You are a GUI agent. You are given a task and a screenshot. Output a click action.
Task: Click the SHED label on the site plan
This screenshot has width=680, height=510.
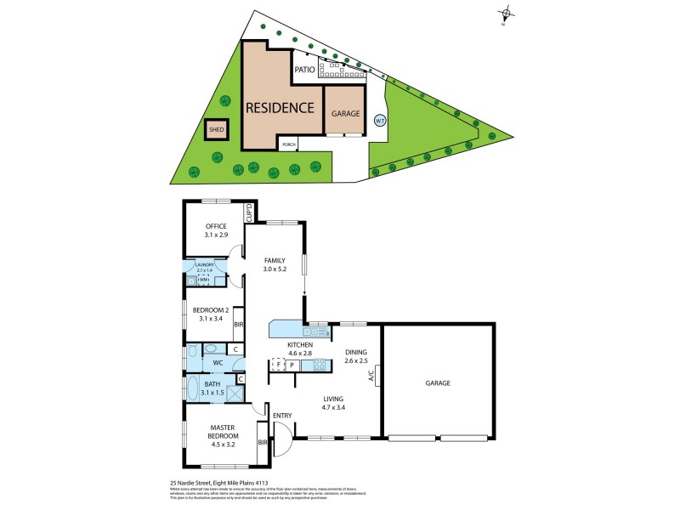216,132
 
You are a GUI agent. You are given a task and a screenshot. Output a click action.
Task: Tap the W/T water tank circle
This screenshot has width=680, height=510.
380,121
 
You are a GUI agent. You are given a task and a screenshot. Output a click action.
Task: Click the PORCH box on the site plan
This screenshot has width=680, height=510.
290,144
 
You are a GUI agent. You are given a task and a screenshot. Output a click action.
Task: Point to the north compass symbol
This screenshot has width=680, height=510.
507,13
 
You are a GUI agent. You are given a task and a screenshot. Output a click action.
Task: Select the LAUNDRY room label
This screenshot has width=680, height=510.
205,265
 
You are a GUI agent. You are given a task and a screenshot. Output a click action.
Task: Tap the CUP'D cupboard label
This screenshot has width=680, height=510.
249,213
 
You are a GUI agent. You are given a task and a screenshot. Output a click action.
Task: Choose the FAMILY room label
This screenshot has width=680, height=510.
274,260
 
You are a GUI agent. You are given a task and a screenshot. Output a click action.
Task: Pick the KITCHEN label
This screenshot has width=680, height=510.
303,343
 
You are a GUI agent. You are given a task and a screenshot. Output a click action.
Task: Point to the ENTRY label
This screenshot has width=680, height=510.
282,415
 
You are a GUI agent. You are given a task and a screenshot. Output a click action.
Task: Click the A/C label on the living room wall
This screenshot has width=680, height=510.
371,377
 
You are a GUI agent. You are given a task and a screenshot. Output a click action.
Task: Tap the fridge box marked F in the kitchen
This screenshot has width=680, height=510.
278,365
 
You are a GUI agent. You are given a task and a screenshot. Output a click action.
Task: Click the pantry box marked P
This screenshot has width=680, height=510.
292,365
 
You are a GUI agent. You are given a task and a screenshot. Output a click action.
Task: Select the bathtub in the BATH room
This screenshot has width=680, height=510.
194,390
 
